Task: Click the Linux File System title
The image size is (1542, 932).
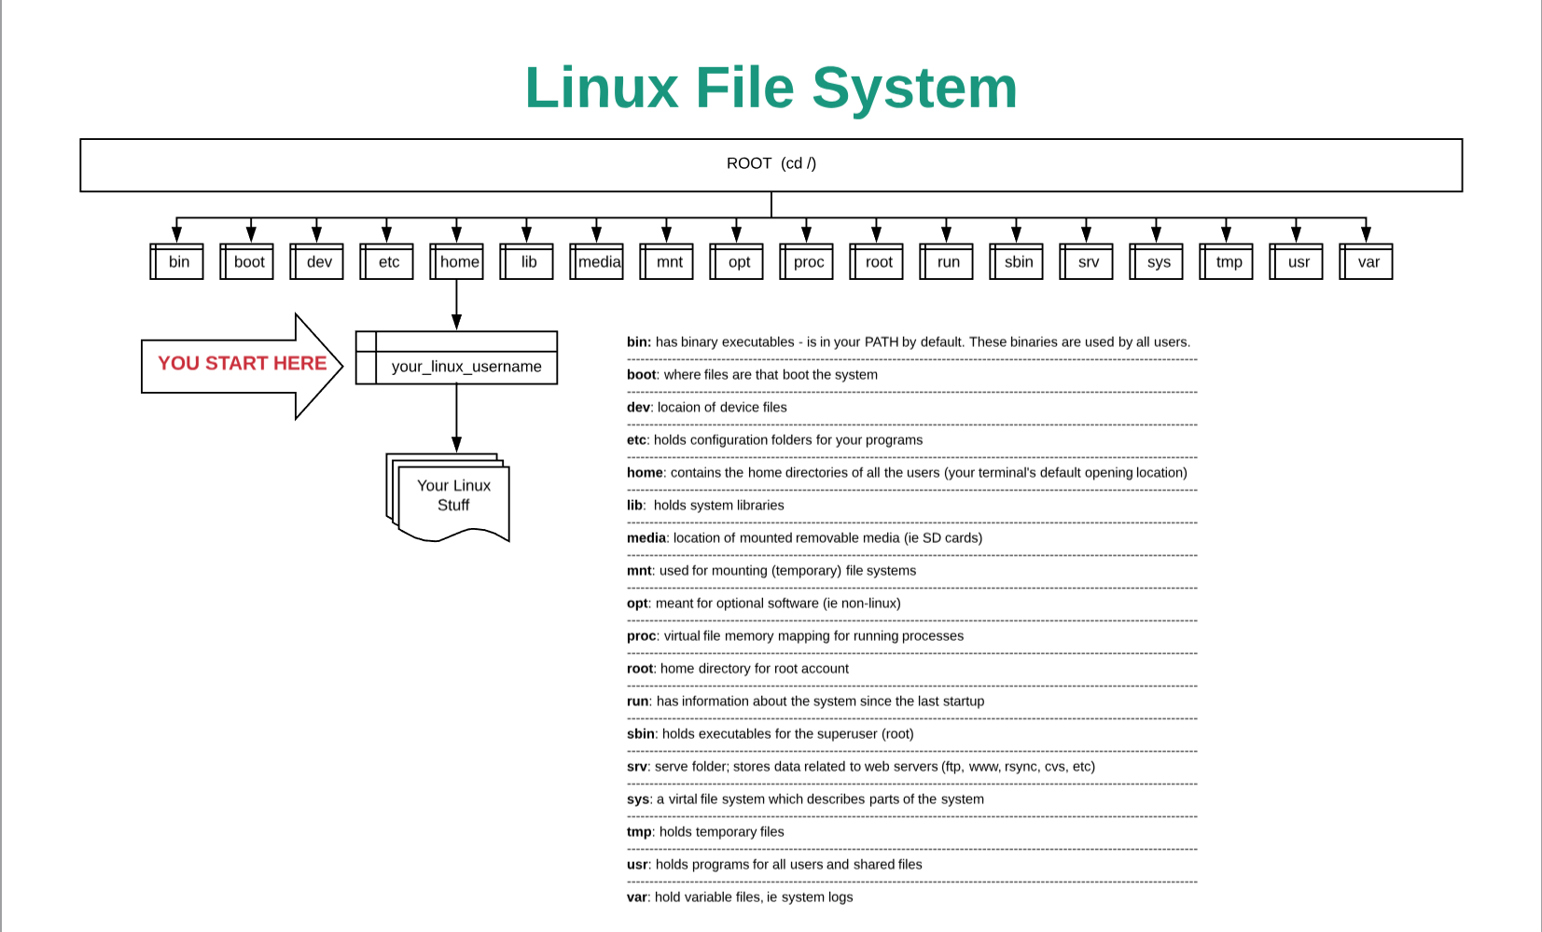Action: click(x=771, y=88)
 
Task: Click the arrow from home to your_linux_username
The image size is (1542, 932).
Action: click(x=456, y=305)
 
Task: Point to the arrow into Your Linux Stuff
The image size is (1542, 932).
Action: click(x=456, y=418)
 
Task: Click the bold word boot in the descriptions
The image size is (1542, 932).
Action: click(x=641, y=374)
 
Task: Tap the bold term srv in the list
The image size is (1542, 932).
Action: click(x=637, y=767)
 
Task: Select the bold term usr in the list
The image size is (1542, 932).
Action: click(x=637, y=865)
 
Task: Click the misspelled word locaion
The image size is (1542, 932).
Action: click(x=679, y=408)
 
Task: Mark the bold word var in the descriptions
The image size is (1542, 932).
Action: click(x=637, y=897)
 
